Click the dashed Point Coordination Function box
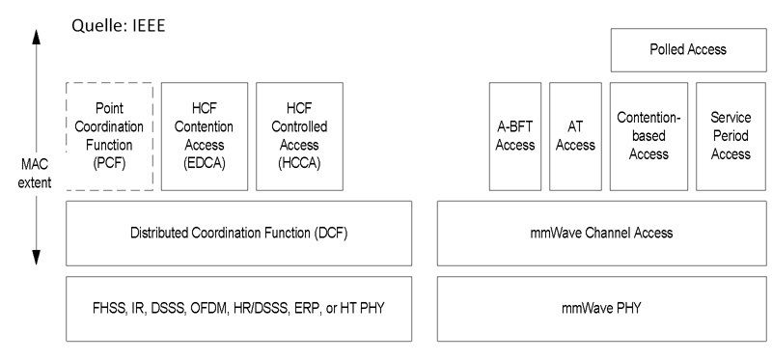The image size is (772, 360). click(x=109, y=136)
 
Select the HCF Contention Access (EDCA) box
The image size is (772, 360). click(x=204, y=136)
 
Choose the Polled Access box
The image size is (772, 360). click(x=687, y=49)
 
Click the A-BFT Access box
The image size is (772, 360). click(x=514, y=136)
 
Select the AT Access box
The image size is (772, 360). click(x=575, y=136)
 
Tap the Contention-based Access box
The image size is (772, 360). click(x=648, y=136)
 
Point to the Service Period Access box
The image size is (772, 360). click(x=730, y=136)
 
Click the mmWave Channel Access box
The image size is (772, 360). click(x=602, y=233)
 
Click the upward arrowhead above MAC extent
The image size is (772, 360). click(x=36, y=39)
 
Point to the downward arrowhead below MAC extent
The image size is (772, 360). click(x=36, y=256)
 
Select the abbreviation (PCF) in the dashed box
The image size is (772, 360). click(x=109, y=163)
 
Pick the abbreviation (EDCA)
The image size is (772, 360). click(x=204, y=163)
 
